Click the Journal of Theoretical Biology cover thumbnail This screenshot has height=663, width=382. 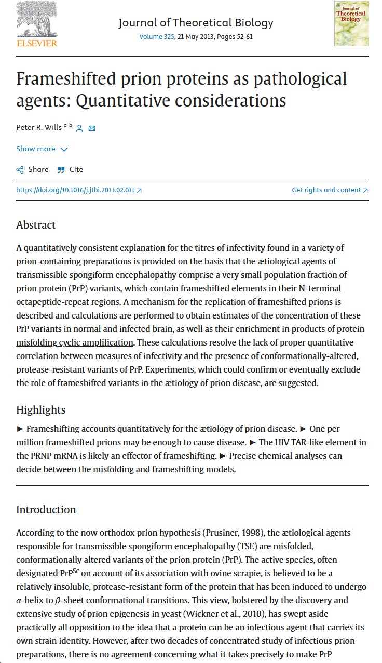(x=351, y=23)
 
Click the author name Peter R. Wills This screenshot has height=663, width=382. (x=39, y=128)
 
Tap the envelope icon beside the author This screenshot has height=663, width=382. (x=92, y=128)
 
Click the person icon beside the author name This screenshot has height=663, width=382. (x=79, y=128)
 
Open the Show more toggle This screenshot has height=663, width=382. (x=42, y=149)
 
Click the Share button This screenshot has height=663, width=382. (x=32, y=169)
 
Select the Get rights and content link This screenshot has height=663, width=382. (x=330, y=190)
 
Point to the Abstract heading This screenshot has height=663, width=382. (x=36, y=225)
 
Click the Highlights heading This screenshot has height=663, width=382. (x=40, y=410)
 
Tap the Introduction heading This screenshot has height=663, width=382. (x=46, y=510)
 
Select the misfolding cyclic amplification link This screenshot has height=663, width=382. (x=75, y=342)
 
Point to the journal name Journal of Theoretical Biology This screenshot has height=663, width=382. (x=196, y=23)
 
